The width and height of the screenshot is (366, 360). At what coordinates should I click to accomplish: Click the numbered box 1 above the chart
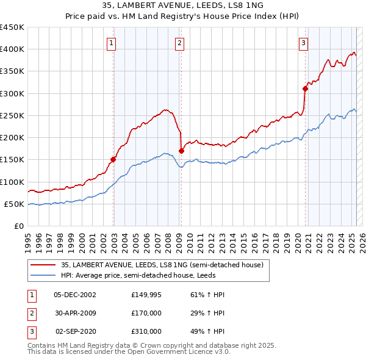[113, 43]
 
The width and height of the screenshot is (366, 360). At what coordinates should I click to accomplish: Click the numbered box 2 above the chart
[180, 43]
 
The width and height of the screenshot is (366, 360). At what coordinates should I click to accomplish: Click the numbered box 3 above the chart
[303, 43]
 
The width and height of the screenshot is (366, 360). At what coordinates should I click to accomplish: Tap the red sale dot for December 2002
[113, 160]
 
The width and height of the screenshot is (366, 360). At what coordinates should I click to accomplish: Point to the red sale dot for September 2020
[306, 89]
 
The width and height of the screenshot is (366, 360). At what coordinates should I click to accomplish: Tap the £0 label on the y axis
[18, 226]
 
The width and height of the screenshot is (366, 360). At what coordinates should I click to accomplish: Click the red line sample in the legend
[43, 265]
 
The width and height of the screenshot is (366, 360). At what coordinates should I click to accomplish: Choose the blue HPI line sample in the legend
[43, 276]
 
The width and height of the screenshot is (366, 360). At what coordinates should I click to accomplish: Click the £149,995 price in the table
[146, 295]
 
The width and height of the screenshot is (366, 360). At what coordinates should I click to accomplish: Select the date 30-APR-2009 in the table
[76, 313]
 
